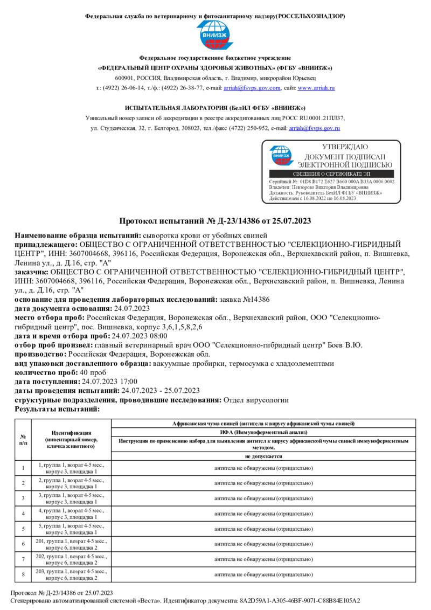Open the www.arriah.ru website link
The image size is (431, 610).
(x=317, y=87)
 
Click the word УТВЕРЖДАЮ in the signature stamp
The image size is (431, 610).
(x=345, y=147)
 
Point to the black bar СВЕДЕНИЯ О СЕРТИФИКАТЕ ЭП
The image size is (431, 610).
(x=331, y=174)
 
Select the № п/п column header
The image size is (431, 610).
(x=23, y=439)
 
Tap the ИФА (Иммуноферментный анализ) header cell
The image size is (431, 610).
(x=263, y=432)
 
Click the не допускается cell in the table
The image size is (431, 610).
(x=263, y=456)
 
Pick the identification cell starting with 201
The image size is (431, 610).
(x=71, y=544)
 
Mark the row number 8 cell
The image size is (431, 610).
(x=23, y=574)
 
